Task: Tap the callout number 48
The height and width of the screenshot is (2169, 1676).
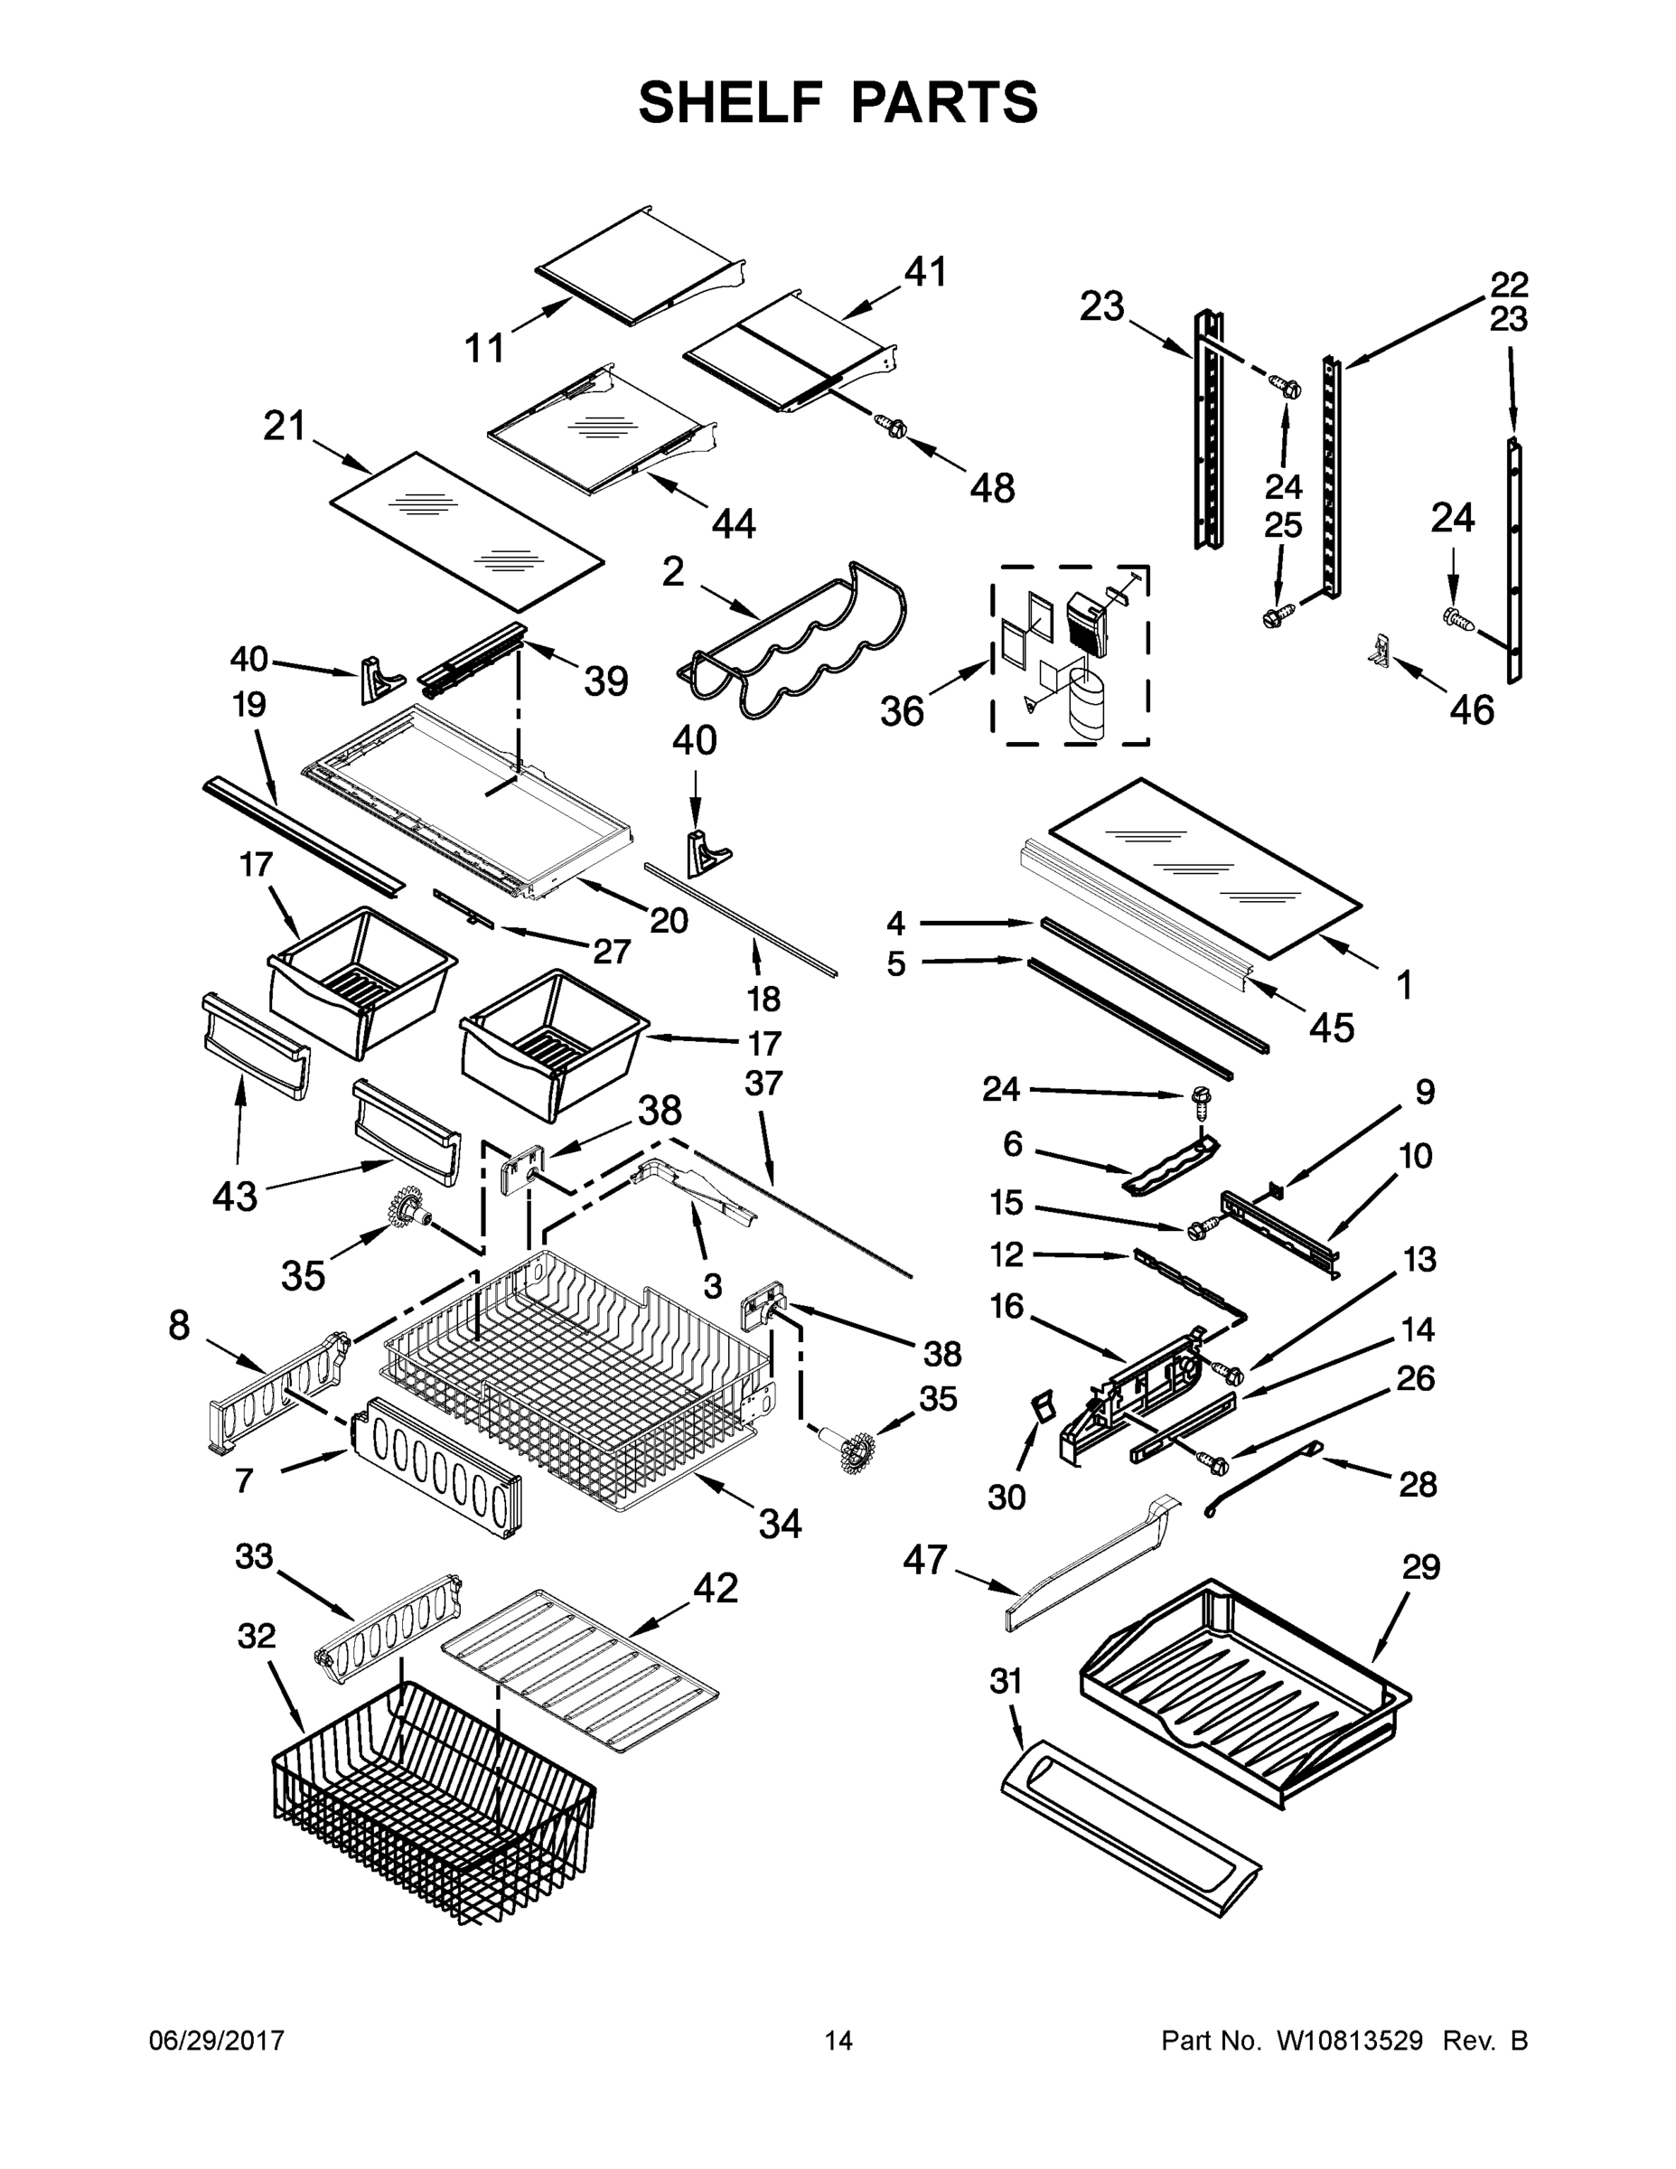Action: (x=992, y=488)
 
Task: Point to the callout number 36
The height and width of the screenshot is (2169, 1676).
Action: (x=902, y=711)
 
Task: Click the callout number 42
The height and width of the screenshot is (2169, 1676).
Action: (x=716, y=1588)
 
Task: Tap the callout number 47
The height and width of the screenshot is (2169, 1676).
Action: (x=925, y=1560)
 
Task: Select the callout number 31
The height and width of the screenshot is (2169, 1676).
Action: (x=1006, y=1681)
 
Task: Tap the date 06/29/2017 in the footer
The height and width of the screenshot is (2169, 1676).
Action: (x=217, y=2041)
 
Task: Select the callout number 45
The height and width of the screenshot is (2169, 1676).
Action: (x=1331, y=1028)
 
